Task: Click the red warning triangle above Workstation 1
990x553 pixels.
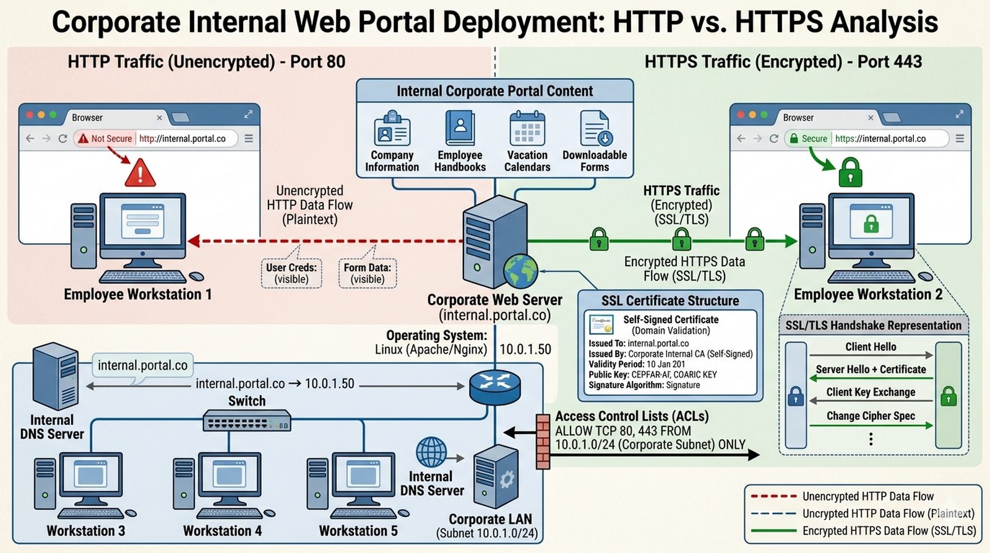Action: pyautogui.click(x=140, y=172)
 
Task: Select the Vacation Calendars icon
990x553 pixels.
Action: pyautogui.click(x=527, y=128)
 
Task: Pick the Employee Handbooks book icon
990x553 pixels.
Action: pyautogui.click(x=460, y=128)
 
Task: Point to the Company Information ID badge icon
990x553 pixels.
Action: pyautogui.click(x=392, y=129)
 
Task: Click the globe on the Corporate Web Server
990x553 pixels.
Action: pyautogui.click(x=520, y=272)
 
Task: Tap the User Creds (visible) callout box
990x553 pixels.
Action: pyautogui.click(x=291, y=273)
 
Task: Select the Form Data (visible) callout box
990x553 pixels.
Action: pyautogui.click(x=368, y=273)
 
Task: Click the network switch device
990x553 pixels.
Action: pyautogui.click(x=247, y=422)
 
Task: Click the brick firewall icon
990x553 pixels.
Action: pyautogui.click(x=543, y=441)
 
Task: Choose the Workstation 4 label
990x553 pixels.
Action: pyautogui.click(x=222, y=531)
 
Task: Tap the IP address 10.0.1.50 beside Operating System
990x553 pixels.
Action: pyautogui.click(x=525, y=349)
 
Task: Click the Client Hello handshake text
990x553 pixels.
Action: pyautogui.click(x=871, y=347)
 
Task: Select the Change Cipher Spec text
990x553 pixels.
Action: pyautogui.click(x=871, y=416)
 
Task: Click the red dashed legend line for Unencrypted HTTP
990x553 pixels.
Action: pyautogui.click(x=773, y=496)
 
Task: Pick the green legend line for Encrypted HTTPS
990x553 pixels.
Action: pyautogui.click(x=773, y=531)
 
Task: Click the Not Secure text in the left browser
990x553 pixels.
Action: pyautogui.click(x=111, y=139)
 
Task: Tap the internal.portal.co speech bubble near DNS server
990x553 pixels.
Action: pyautogui.click(x=142, y=365)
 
